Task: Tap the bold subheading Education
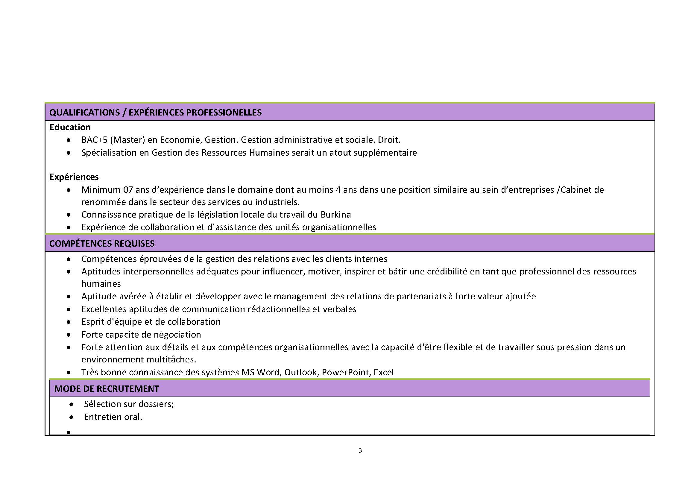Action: [70, 127]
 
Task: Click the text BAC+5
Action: [94, 140]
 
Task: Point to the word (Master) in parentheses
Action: [127, 140]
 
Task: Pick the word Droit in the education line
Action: [388, 140]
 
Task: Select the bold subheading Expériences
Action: [74, 177]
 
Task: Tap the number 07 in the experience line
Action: [128, 190]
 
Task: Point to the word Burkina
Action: [335, 215]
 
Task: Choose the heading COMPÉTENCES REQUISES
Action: [102, 244]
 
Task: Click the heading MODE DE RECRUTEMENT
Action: [107, 389]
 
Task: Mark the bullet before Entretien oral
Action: [71, 417]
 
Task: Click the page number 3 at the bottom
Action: [360, 450]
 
